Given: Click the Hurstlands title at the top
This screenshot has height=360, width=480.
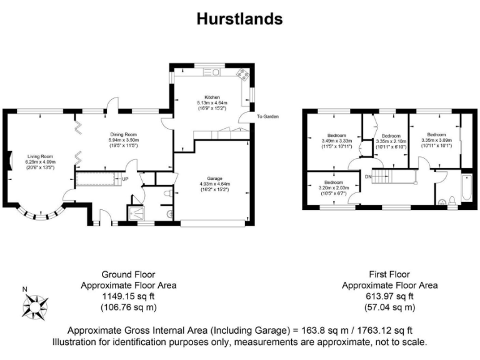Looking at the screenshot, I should (240, 18).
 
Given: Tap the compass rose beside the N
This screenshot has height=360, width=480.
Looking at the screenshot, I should (36, 306).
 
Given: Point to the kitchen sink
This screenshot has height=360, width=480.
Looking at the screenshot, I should (211, 72).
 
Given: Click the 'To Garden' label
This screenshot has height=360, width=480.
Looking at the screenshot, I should (267, 117).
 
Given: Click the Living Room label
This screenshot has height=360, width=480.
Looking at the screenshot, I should (39, 156).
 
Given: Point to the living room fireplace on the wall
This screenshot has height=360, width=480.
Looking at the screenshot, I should (8, 160).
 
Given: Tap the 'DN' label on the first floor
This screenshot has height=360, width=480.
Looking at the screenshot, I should (368, 177).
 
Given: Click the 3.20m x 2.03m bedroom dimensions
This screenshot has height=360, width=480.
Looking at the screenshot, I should (331, 188).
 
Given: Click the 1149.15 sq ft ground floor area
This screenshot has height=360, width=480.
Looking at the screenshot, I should (128, 296).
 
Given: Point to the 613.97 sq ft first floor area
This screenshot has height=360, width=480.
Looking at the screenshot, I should (389, 296).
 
